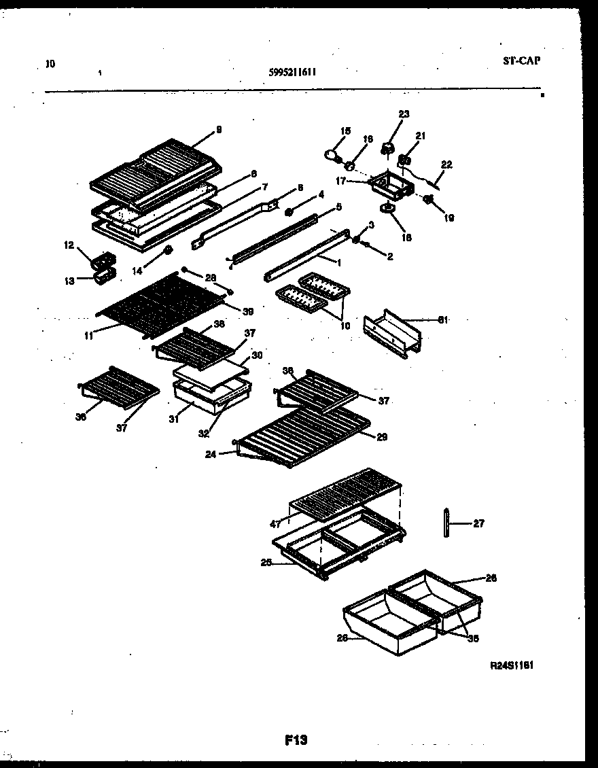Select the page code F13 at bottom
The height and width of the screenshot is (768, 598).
click(x=296, y=740)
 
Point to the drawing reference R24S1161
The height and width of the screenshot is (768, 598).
click(x=511, y=667)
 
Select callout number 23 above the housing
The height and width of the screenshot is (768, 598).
click(x=404, y=114)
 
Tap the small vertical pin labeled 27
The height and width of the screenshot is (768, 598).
click(x=446, y=523)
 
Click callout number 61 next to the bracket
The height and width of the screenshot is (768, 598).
click(x=442, y=318)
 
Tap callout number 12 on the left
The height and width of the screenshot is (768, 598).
click(x=68, y=245)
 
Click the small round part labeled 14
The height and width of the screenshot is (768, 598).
click(x=166, y=253)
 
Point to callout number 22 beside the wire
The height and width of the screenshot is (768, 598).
click(x=446, y=164)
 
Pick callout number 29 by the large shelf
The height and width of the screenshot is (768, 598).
click(x=381, y=436)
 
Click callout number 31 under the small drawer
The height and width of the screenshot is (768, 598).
click(x=175, y=419)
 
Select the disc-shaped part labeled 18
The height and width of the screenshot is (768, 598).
click(x=389, y=209)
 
